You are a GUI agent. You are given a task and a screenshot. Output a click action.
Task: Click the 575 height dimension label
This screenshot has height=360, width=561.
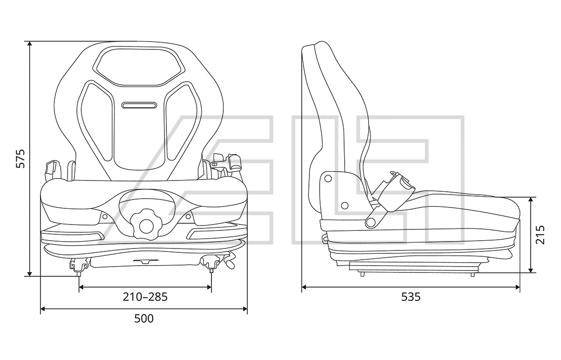click(21, 158)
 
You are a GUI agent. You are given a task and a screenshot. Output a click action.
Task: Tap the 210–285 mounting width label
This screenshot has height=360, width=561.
click(145, 297)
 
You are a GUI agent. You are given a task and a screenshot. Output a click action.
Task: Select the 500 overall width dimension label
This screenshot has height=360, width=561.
click(144, 318)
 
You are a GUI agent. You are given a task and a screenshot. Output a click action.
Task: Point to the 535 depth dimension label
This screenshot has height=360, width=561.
click(411, 297)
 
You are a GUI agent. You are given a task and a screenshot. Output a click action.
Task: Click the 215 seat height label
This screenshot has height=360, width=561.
click(540, 234)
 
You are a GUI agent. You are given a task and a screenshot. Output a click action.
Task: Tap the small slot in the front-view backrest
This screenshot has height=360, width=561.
click(139, 105)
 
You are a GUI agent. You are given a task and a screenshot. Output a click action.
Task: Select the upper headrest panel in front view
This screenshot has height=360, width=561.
click(139, 67)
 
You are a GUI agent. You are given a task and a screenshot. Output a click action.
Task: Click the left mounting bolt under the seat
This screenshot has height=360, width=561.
click(79, 267)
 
